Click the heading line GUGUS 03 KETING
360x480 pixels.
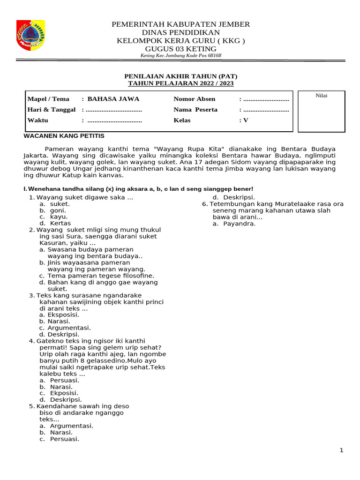click(x=180, y=49)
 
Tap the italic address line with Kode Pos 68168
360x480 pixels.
click(x=180, y=56)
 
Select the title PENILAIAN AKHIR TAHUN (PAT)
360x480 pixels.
click(x=180, y=76)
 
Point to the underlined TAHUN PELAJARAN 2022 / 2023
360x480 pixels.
click(x=180, y=83)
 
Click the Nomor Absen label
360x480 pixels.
click(x=195, y=99)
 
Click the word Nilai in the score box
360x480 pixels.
click(x=321, y=96)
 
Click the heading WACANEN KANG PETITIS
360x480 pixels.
click(x=64, y=135)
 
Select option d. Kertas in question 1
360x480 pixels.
click(x=55, y=224)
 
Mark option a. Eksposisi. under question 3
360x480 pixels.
click(x=59, y=315)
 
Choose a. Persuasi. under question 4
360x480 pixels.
click(x=59, y=380)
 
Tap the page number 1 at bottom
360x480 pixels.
click(x=342, y=450)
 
